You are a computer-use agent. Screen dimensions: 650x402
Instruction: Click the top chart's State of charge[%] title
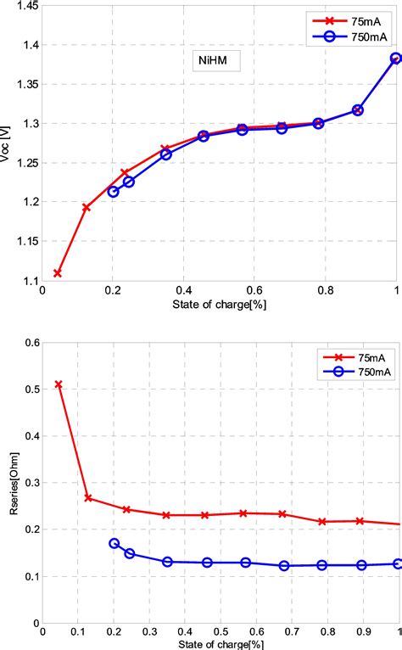(x=220, y=304)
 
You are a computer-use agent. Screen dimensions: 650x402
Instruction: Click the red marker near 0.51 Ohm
(x=58, y=384)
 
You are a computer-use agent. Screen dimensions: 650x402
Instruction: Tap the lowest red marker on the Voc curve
(x=58, y=273)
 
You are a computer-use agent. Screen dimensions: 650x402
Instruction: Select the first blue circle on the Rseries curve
(x=114, y=543)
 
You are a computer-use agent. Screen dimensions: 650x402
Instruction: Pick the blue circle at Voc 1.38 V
(x=395, y=59)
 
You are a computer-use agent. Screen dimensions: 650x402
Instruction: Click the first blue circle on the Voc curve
(x=114, y=192)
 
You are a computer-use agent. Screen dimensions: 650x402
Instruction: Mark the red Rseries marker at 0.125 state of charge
(x=87, y=498)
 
